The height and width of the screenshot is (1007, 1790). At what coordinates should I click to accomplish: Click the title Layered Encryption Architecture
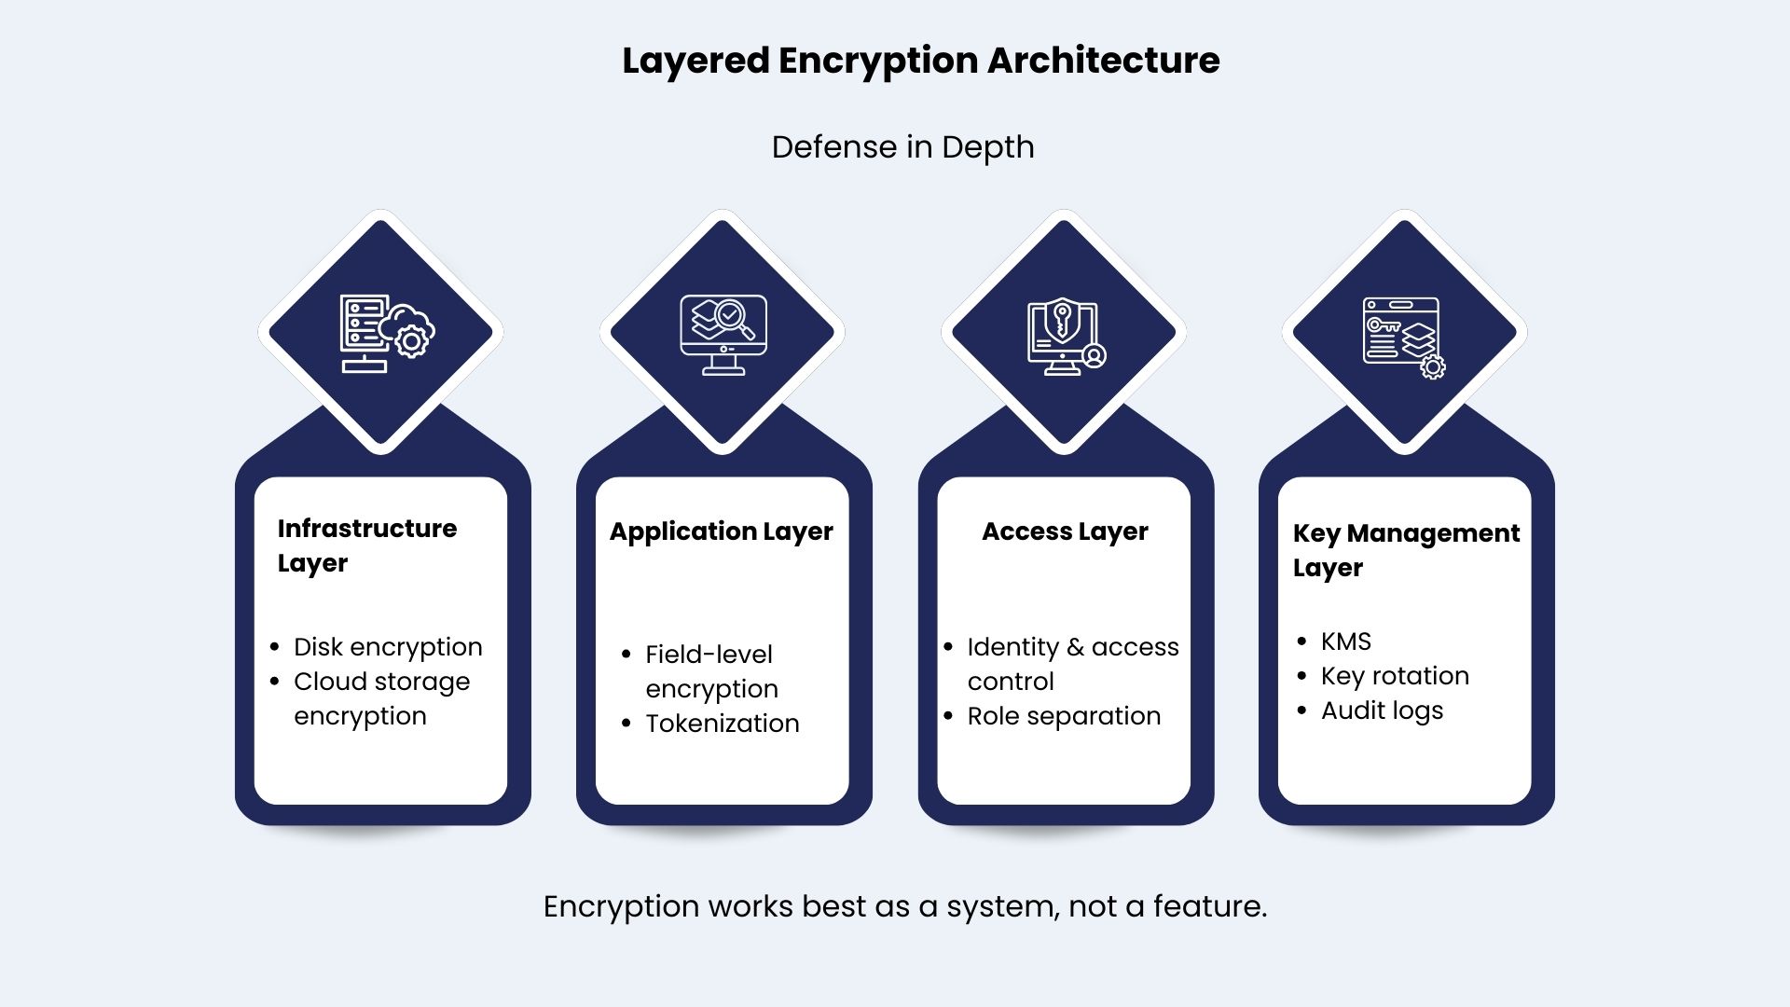pos(921,62)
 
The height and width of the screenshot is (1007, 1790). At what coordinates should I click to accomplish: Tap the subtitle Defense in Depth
pos(902,147)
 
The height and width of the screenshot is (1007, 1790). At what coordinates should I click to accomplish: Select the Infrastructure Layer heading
pos(367,545)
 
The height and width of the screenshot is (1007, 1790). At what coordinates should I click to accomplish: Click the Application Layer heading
pos(722,531)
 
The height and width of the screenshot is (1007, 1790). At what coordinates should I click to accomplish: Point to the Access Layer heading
pos(1065,531)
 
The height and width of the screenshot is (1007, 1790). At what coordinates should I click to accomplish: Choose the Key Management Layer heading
pos(1406,550)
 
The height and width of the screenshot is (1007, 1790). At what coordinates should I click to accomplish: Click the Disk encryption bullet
pos(388,647)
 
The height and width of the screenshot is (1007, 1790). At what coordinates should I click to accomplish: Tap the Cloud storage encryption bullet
pos(381,698)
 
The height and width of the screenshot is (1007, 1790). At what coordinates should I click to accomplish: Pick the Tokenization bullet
pos(723,724)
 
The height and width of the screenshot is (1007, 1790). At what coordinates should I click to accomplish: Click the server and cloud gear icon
pos(386,334)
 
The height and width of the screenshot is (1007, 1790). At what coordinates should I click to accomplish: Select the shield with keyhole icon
pos(1066,336)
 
